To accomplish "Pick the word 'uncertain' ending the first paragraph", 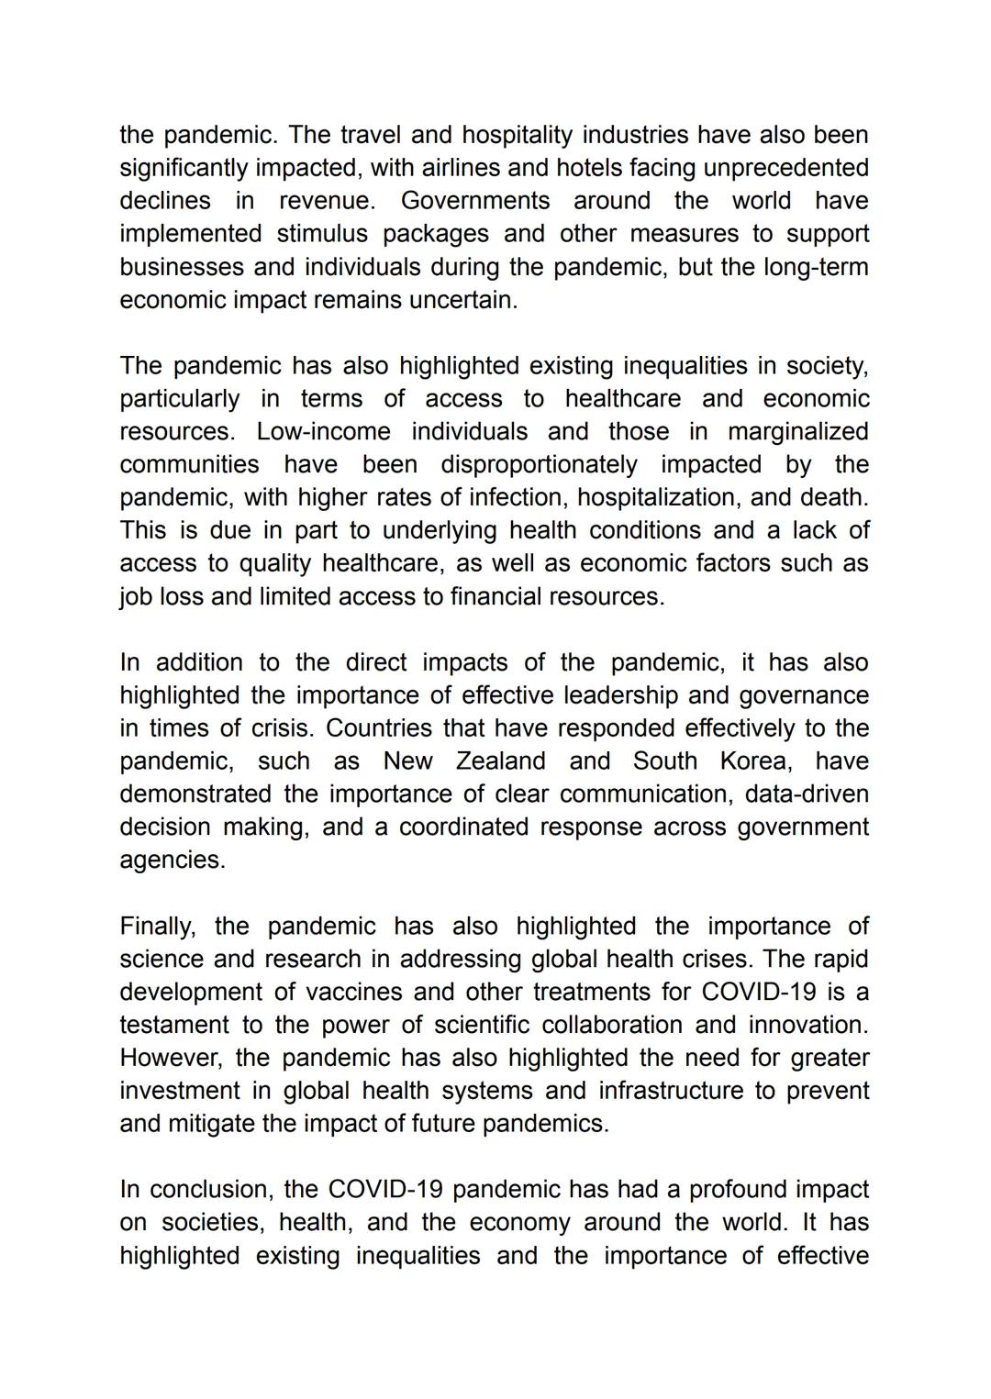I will pyautogui.click(x=462, y=300).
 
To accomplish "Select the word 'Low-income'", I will pyautogui.click(x=323, y=432).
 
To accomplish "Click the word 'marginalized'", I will pyautogui.click(x=797, y=432).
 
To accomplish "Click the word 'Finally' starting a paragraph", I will pyautogui.click(x=156, y=927).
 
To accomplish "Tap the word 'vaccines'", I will pyautogui.click(x=353, y=993).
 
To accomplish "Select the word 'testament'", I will pyautogui.click(x=173, y=1026).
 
